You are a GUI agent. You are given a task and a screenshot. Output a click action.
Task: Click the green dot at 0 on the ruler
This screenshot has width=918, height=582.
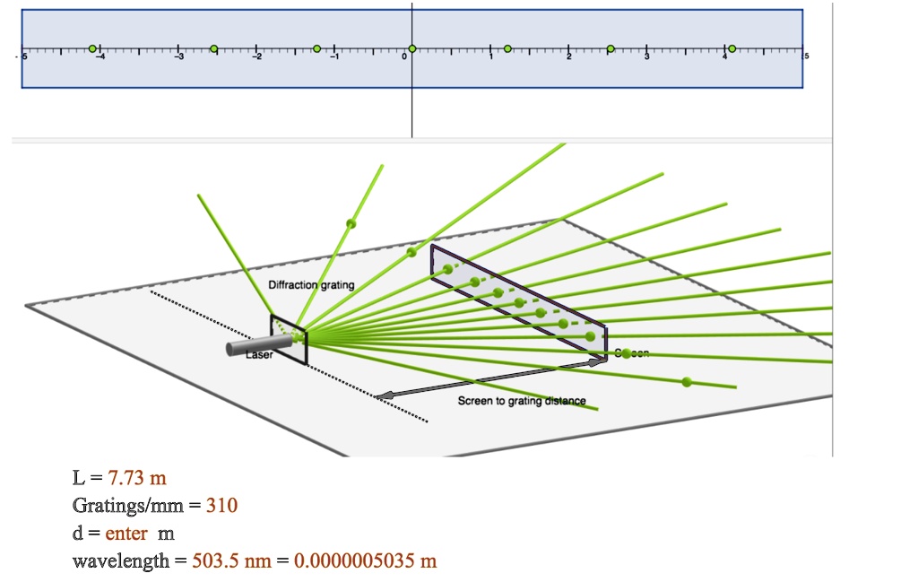point(411,48)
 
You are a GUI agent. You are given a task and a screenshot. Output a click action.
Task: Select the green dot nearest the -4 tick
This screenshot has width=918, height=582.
point(92,48)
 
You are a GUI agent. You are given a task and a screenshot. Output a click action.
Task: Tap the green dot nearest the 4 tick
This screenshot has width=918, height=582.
point(732,48)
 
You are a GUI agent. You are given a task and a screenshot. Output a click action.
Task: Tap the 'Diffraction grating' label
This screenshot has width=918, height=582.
point(311,285)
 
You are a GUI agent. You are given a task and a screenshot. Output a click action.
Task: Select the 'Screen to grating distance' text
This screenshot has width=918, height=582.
point(522,401)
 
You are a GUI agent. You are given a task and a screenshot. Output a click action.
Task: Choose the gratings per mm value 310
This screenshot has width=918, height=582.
point(221,506)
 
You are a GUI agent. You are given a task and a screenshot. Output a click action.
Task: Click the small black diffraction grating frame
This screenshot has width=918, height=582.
point(290,340)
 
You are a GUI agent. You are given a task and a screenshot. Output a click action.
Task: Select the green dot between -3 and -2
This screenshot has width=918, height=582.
point(213,48)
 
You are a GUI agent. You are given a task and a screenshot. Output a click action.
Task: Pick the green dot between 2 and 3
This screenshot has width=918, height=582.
point(611,48)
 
